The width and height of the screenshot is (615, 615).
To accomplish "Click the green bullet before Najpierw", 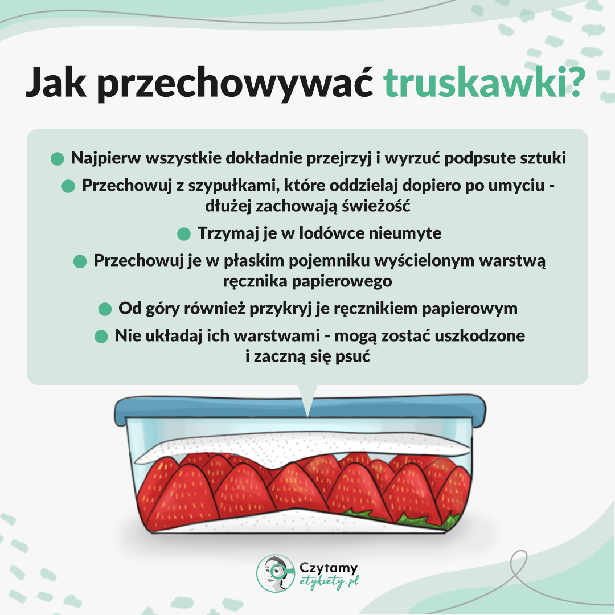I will coord(57,159).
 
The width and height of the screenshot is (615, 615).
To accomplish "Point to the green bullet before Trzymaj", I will coord(183,233).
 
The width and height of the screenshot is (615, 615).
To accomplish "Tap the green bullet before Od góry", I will coord(105,309).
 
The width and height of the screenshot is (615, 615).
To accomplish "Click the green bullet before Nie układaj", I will coord(101,336).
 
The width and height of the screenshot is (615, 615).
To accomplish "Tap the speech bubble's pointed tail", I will coord(308,399).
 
